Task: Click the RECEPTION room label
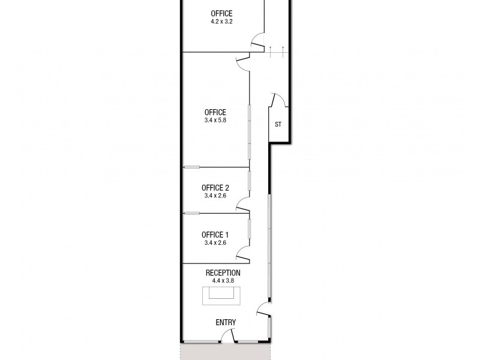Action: [x=221, y=272]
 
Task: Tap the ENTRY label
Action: [x=226, y=323]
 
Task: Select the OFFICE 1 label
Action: [x=215, y=235]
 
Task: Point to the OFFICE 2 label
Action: [x=215, y=187]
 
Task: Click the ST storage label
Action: [x=278, y=125]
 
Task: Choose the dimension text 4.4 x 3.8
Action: [x=221, y=280]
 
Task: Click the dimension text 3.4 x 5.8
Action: [x=215, y=120]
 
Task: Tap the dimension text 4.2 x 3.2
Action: [x=221, y=22]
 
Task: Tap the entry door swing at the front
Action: [x=228, y=338]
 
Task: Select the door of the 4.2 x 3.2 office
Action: [x=257, y=42]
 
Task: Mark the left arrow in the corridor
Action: [x=271, y=50]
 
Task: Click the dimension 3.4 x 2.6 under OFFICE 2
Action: [x=215, y=196]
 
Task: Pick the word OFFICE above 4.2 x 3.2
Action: [x=221, y=13]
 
